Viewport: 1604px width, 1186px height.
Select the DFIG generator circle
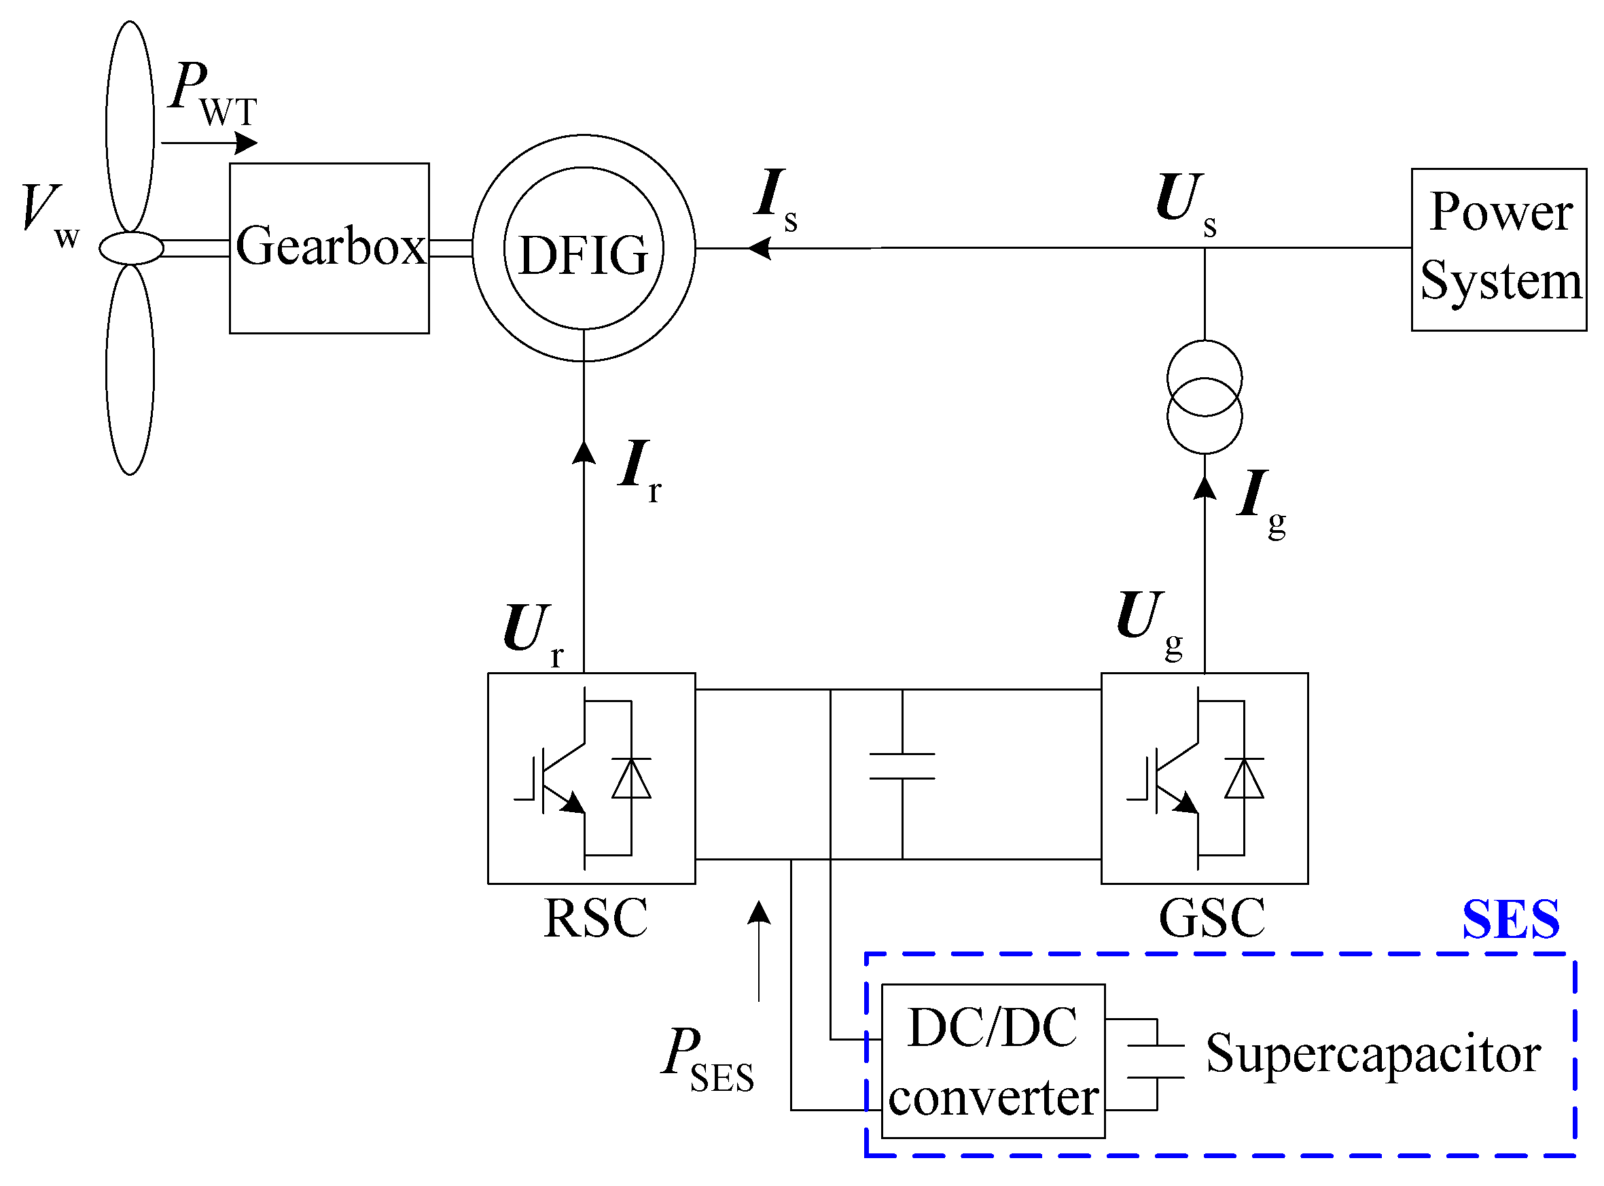[584, 248]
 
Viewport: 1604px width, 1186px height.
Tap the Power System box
[1499, 249]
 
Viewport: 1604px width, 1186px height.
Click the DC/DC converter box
[993, 1061]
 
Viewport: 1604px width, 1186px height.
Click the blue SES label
[1511, 919]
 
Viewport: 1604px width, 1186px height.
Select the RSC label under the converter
[596, 918]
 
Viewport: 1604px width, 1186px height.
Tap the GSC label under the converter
[1212, 918]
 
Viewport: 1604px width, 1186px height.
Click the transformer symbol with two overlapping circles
[1205, 397]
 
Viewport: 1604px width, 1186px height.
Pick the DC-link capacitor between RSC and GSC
[902, 766]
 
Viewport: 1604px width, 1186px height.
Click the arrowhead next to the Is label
[760, 248]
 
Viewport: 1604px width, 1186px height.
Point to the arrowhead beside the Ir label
[584, 452]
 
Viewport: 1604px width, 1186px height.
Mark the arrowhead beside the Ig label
[1205, 487]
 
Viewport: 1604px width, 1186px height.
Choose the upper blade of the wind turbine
[130, 126]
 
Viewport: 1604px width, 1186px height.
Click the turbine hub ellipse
[131, 248]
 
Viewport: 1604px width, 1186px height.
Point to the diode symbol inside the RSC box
[632, 779]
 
